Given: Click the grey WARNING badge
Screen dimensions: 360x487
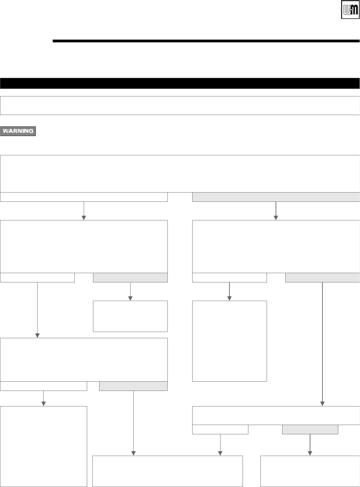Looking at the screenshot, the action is click(18, 131).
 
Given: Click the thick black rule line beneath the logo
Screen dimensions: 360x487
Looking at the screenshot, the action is click(206, 41).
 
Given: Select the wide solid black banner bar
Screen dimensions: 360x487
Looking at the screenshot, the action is click(180, 83).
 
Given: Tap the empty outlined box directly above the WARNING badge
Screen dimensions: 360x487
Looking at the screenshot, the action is click(180, 105).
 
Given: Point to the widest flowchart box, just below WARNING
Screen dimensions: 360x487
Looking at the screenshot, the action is click(180, 174).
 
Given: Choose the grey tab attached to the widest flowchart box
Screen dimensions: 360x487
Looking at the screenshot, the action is click(276, 197).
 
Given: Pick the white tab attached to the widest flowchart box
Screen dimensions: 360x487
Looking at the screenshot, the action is click(84, 197).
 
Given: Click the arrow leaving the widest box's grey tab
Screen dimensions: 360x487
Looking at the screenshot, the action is click(276, 210).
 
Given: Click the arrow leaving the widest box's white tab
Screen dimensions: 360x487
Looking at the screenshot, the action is click(84, 210).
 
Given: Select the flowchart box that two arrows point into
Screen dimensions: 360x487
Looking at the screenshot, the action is click(168, 471).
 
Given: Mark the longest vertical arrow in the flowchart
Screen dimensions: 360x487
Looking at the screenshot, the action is click(323, 344).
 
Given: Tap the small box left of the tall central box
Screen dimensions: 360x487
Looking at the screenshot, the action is click(130, 316).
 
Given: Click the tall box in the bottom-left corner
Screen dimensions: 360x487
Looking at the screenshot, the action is click(43, 446).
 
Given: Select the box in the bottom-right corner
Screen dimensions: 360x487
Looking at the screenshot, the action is click(310, 471).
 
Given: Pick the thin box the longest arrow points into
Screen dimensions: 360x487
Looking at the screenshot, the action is click(276, 415).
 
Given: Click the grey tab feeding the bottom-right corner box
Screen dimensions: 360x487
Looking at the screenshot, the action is click(310, 429).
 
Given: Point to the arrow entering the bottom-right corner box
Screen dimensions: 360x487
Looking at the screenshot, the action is click(310, 445).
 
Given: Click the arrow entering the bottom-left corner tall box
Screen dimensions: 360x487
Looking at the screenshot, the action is click(43, 398).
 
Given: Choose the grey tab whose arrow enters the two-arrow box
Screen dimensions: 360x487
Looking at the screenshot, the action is click(133, 386).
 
